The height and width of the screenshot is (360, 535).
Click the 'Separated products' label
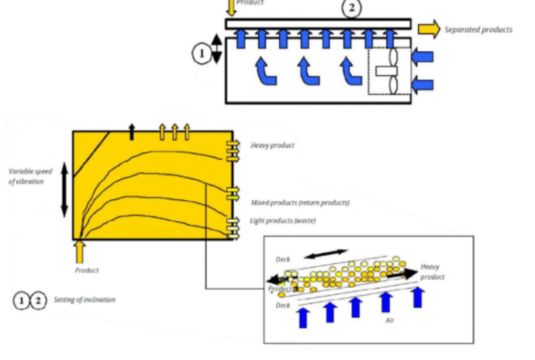point(478,29)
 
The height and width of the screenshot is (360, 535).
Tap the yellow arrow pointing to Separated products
point(428,29)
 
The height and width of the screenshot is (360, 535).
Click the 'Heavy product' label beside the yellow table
point(272,145)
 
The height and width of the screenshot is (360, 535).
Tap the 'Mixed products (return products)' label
point(300,202)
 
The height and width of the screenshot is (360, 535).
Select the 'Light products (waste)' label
point(282,221)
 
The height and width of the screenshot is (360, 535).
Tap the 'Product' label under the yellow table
point(87,271)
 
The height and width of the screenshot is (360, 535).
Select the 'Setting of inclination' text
point(85,299)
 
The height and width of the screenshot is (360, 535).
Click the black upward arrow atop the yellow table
point(132,131)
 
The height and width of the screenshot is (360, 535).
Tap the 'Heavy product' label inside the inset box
point(431,272)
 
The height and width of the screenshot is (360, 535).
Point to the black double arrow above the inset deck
point(326,254)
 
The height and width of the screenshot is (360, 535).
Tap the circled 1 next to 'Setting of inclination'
point(22,299)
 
